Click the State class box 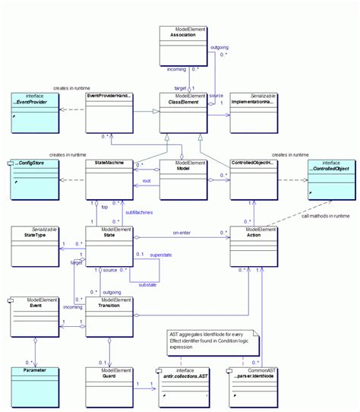[x=109, y=244]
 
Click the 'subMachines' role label [x=140, y=211]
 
